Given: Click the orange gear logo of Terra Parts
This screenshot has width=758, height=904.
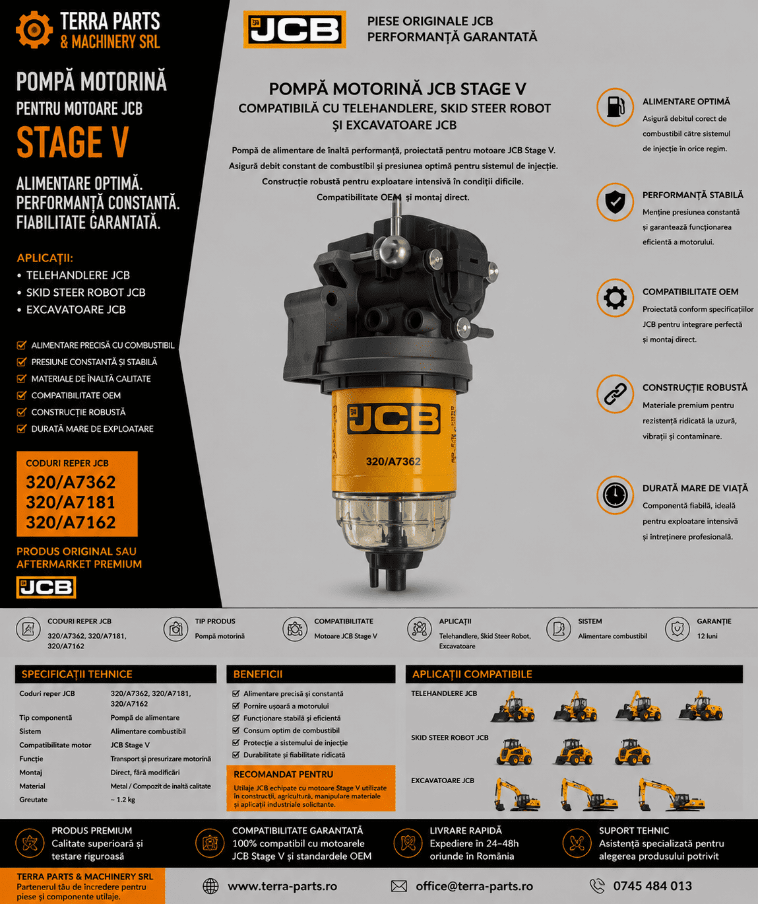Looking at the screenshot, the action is pos(34,30).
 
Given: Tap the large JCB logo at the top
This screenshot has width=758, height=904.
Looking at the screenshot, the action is pos(294,29).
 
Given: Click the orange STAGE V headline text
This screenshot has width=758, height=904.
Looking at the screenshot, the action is pos(73,142).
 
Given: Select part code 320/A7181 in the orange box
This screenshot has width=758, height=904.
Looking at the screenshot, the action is pos(71,503).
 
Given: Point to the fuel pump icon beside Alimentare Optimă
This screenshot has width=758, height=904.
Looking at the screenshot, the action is pos(615,107).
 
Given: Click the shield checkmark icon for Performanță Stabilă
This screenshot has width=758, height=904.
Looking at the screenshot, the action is pos(615,202).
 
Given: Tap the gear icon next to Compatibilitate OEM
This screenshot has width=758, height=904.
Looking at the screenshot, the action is pos(615,298).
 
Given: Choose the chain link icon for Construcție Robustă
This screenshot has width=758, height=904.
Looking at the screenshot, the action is pos(615,394).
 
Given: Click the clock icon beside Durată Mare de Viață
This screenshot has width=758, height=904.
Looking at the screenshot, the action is pos(615,495).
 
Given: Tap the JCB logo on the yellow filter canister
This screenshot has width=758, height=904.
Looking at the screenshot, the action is pos(394,419).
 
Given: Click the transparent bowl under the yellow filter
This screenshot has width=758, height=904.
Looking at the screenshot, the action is pos(393,522).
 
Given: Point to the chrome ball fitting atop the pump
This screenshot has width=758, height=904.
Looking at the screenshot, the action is pos(393,250).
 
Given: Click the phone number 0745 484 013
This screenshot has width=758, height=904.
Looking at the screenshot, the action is pos(652,886).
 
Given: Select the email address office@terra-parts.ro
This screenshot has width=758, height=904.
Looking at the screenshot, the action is pos(474,886).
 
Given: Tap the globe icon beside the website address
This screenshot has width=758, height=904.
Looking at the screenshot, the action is pos(210,886).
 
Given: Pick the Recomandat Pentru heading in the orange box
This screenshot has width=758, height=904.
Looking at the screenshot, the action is pos(284,774).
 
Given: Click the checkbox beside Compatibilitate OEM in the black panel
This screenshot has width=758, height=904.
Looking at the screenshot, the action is pos(21,395).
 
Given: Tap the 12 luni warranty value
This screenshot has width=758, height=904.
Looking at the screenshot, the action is pos(707,636).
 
